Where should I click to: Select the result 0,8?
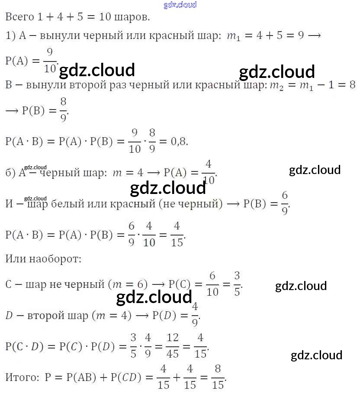tap(179, 142)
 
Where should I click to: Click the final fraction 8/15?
tap(219, 377)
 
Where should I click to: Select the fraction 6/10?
tap(212, 284)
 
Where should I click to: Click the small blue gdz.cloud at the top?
tap(180, 5)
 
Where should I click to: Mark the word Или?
tap(16, 259)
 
